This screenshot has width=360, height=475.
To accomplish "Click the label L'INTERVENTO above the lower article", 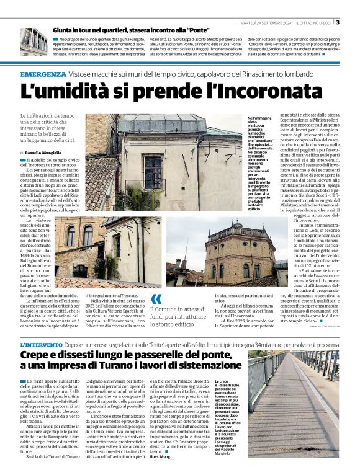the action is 41,344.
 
